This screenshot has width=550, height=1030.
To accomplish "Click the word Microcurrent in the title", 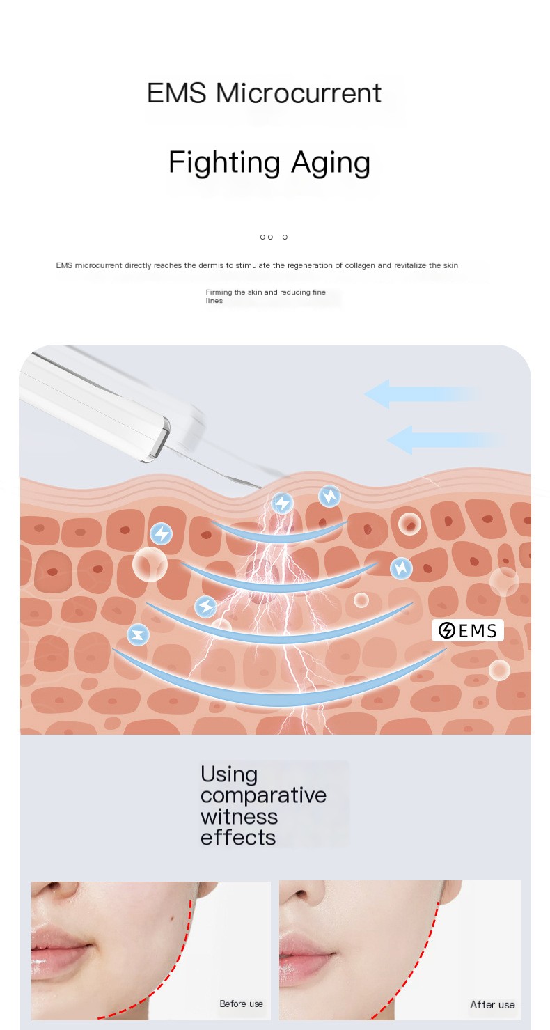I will click(x=299, y=93).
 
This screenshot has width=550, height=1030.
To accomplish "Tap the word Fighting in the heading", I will click(x=223, y=162).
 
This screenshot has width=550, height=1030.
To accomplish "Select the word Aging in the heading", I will click(x=331, y=164).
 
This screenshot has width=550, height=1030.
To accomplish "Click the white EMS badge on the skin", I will click(x=467, y=630).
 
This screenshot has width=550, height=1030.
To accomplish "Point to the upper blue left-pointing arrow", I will click(x=421, y=394).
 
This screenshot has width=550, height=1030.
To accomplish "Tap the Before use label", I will click(x=241, y=1004).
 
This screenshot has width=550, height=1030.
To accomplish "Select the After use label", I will click(x=492, y=1004).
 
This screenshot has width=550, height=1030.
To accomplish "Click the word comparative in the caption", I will click(x=263, y=795).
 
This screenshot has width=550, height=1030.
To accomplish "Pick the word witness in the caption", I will click(x=239, y=816).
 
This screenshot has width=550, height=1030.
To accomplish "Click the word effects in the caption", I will click(x=238, y=837).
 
